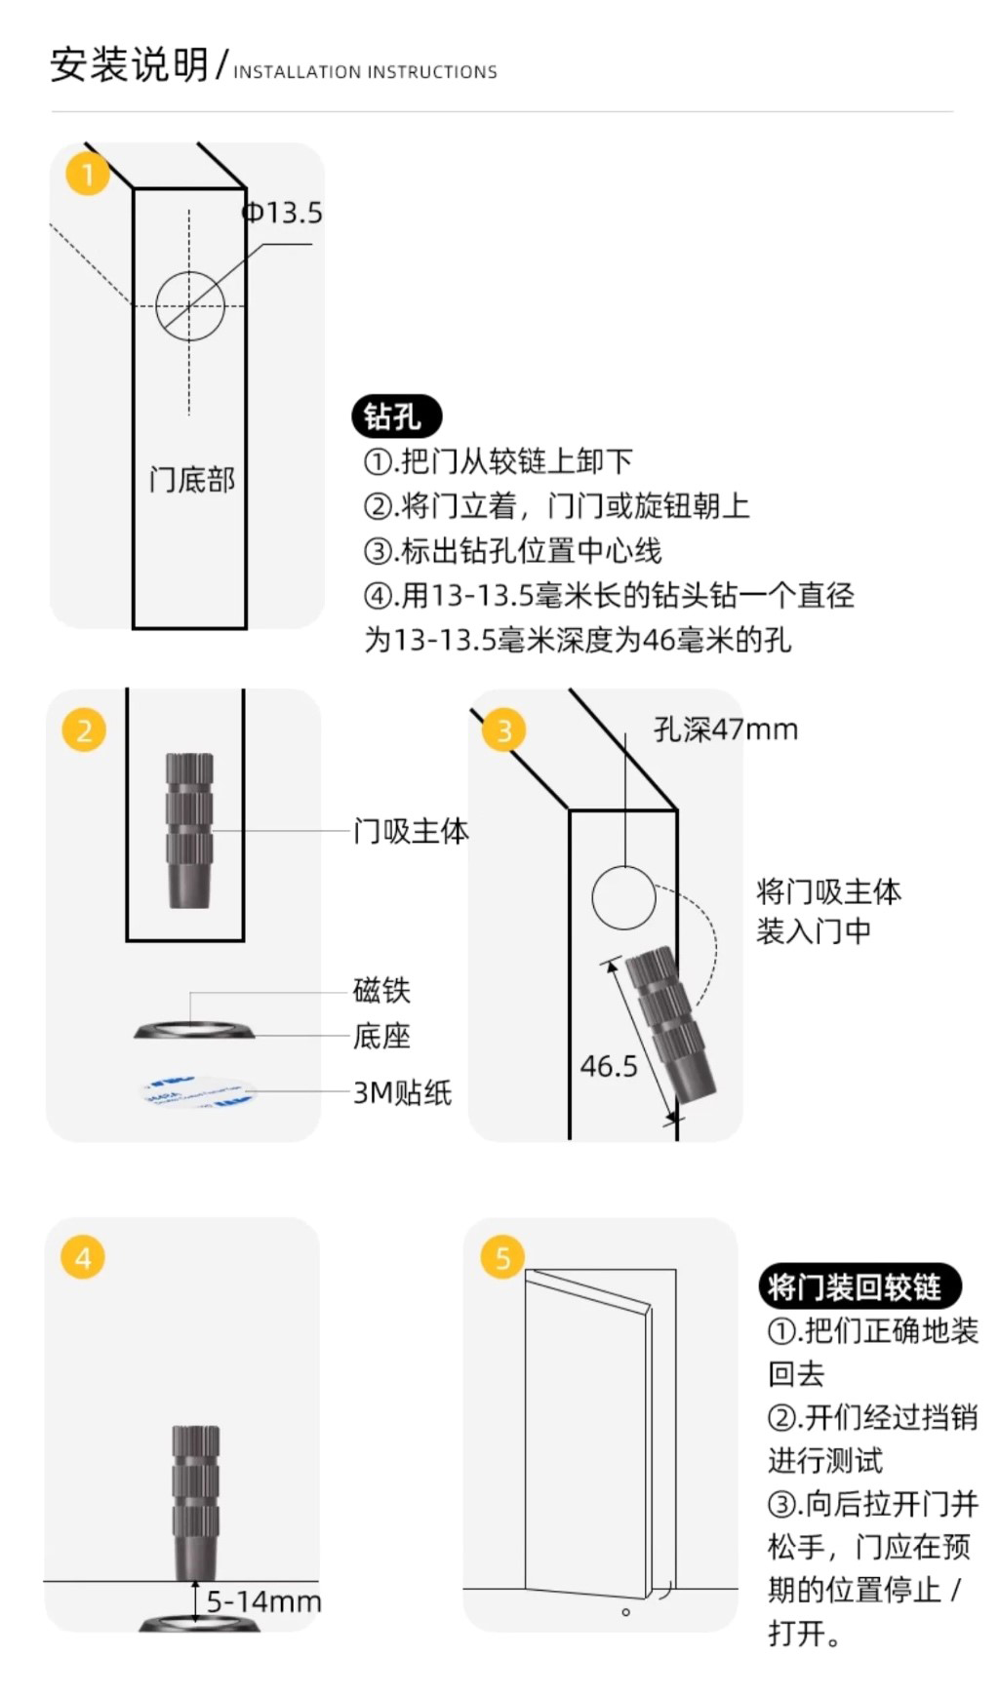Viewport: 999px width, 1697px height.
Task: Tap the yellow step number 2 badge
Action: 84,730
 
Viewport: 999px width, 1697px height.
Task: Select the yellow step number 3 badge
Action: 504,730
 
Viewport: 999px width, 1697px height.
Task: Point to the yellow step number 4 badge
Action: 83,1258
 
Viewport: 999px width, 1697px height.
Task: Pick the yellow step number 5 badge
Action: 502,1258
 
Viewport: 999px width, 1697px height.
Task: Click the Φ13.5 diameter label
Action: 282,213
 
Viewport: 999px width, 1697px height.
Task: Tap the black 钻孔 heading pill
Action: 396,416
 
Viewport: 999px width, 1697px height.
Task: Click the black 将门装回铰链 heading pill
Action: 859,1286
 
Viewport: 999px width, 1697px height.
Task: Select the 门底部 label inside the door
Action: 192,480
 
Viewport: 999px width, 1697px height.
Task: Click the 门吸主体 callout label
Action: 411,831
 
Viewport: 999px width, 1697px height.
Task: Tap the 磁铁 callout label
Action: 381,990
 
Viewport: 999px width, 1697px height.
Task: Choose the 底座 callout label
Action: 381,1035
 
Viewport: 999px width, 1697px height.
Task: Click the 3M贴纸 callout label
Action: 402,1092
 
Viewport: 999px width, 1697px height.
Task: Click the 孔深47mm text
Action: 726,729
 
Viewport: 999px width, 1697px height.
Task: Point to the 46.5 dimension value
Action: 609,1066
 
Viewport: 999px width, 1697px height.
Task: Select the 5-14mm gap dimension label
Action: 263,1600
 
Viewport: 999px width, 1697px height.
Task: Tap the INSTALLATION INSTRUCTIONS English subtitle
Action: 365,72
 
